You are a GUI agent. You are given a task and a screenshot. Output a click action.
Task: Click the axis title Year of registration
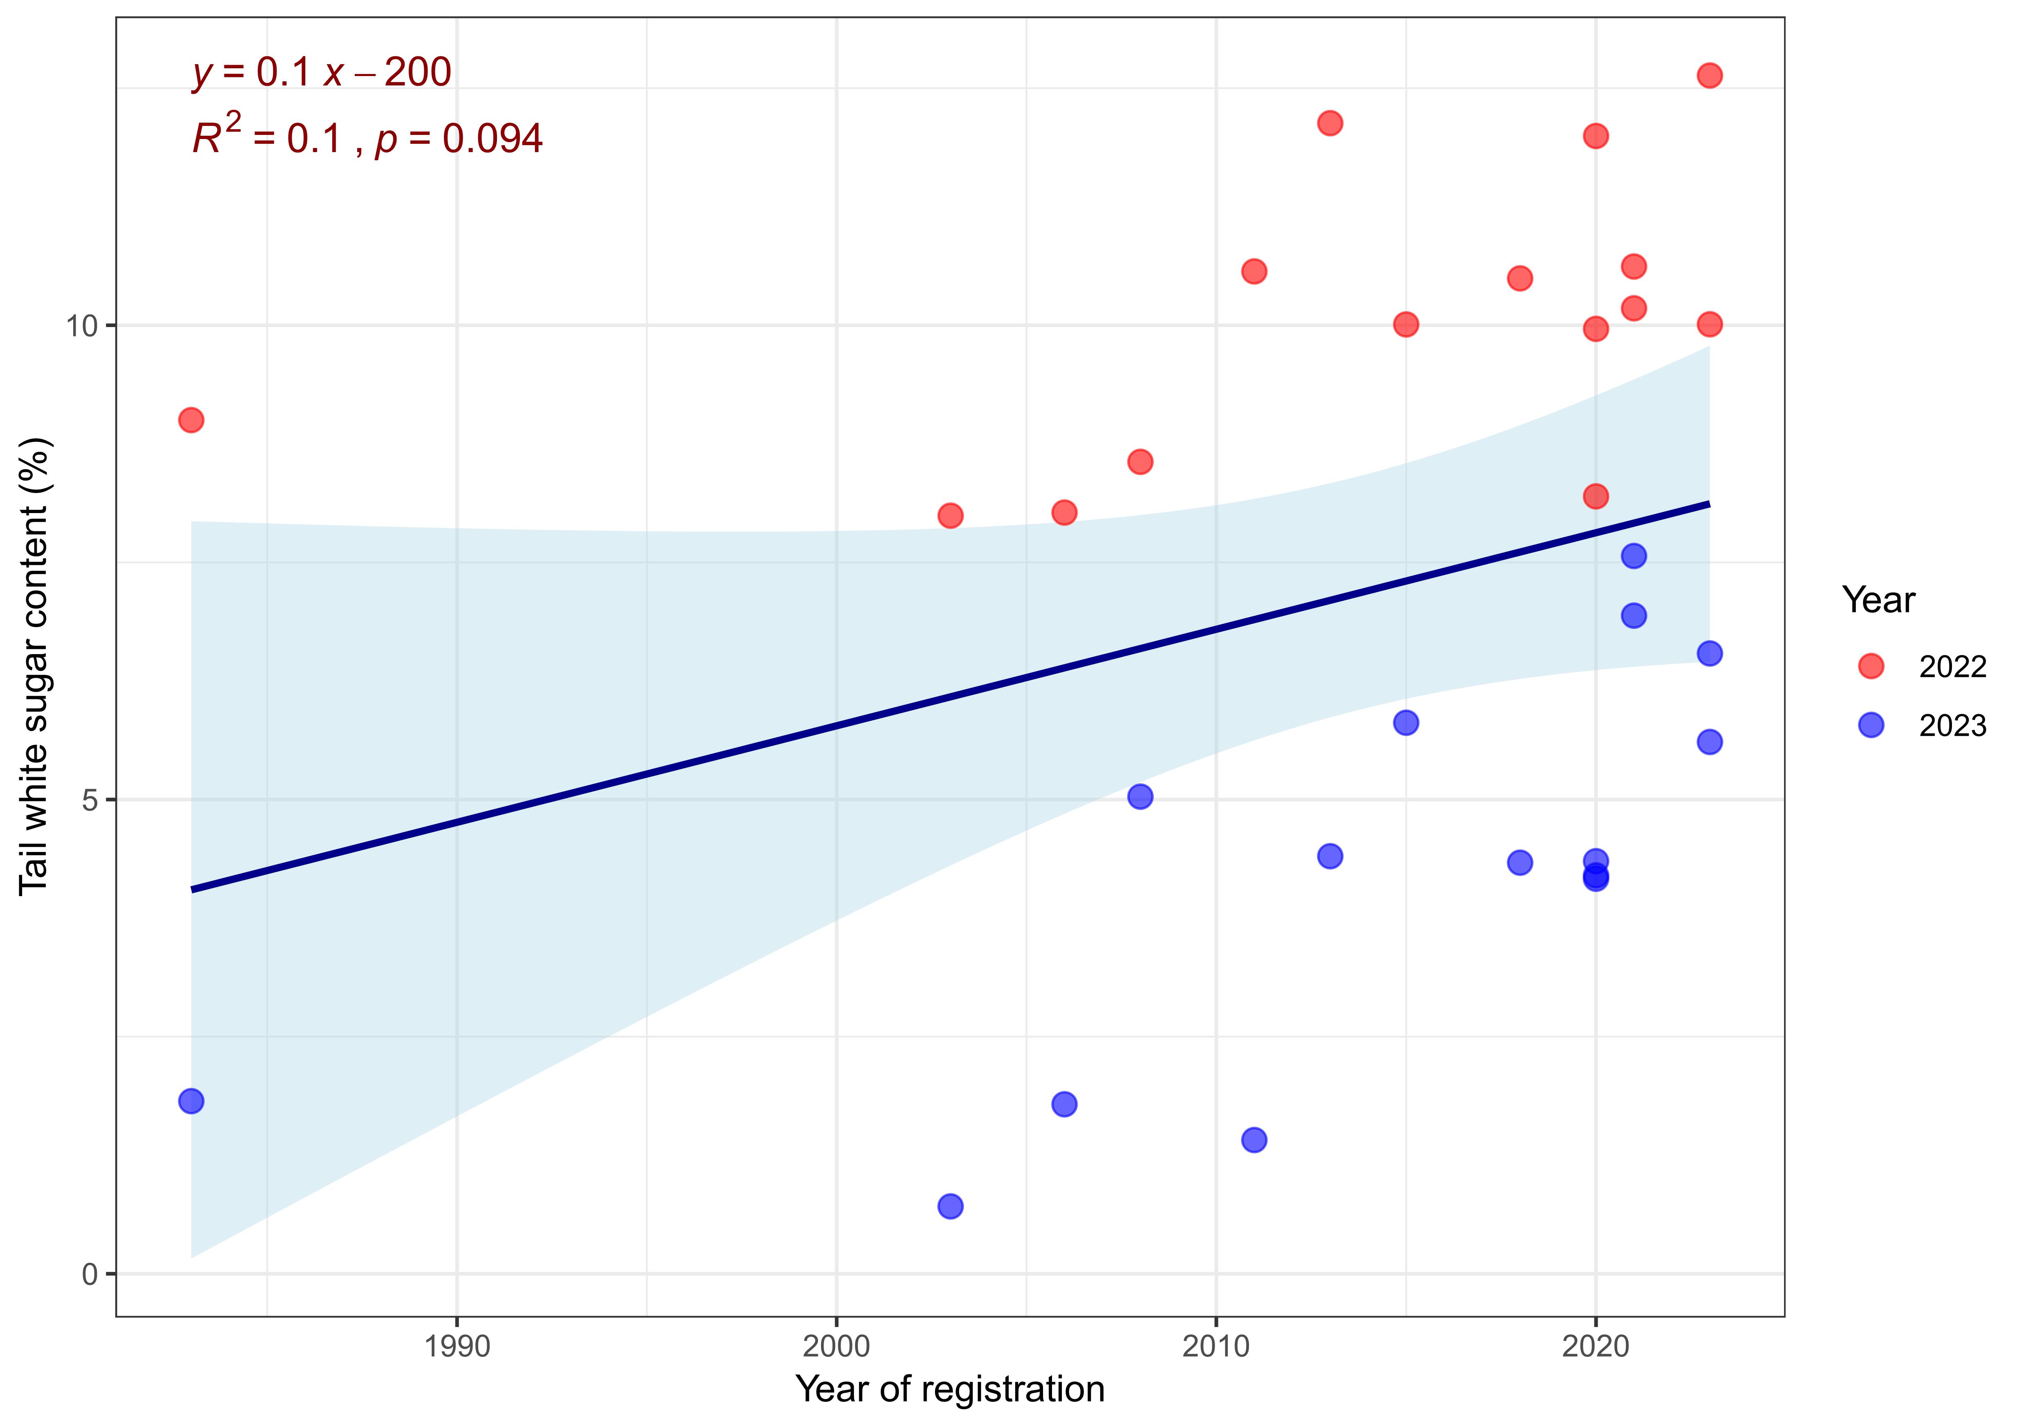click(x=949, y=1389)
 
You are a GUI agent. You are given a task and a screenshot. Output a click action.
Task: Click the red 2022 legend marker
click(x=1871, y=666)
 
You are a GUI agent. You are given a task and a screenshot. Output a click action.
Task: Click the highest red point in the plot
click(x=1709, y=75)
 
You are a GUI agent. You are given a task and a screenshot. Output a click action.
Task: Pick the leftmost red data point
click(x=191, y=420)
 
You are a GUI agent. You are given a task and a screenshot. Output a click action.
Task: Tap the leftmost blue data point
click(x=191, y=1101)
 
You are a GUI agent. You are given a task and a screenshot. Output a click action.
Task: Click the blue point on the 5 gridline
click(x=1140, y=796)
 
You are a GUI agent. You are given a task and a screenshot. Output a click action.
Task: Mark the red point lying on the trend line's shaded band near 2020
click(x=1595, y=497)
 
